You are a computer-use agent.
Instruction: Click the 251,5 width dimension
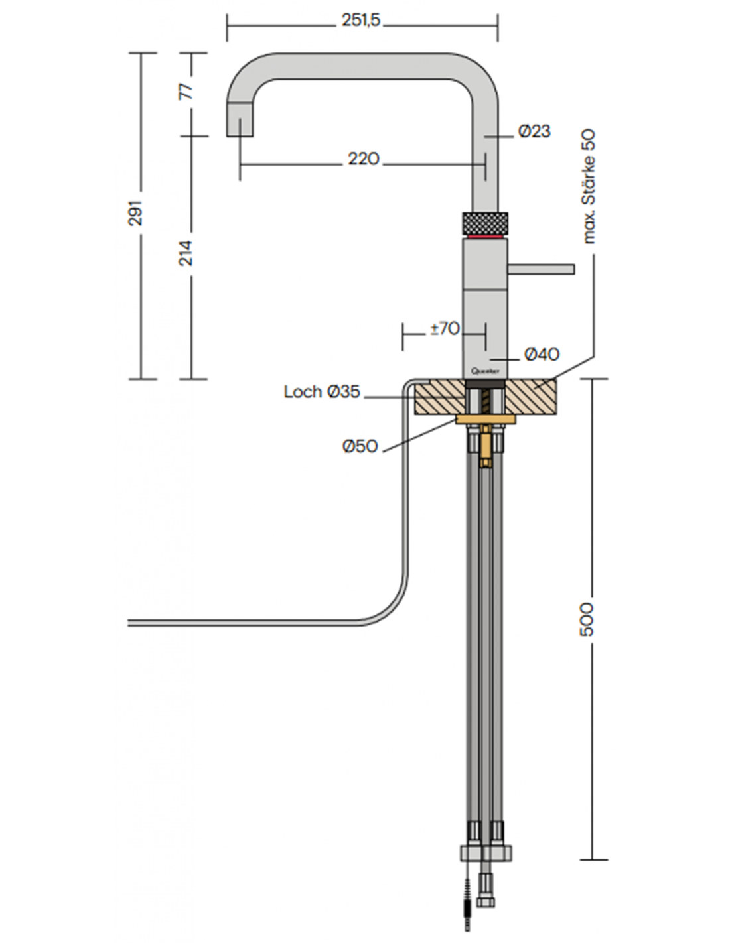point(361,21)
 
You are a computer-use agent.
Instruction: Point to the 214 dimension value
point(186,253)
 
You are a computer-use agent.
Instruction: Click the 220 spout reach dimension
point(364,159)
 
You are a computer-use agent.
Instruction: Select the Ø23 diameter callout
point(534,131)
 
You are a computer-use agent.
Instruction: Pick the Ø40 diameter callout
point(542,355)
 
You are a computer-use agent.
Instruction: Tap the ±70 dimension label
point(445,328)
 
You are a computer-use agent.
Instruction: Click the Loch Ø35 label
point(322,392)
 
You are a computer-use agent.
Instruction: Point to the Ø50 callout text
point(360,446)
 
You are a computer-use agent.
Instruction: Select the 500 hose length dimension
point(587,619)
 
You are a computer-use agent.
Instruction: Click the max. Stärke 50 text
point(589,187)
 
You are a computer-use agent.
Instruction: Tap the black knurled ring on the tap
point(485,221)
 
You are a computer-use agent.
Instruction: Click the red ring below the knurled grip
point(485,235)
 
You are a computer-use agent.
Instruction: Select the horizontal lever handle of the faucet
point(541,269)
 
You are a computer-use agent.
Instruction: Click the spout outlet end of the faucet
point(240,126)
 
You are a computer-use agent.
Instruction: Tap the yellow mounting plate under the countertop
point(486,419)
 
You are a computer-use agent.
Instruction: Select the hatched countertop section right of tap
point(532,397)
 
